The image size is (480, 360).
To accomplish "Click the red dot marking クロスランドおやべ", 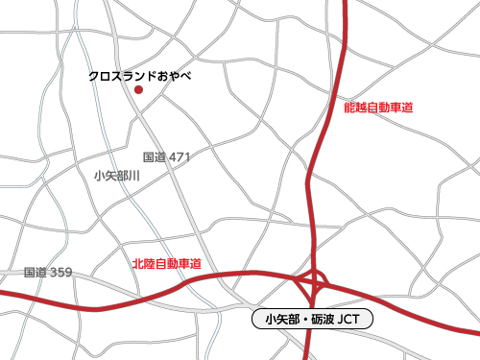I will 138,90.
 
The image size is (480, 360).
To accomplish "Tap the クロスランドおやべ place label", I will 140,74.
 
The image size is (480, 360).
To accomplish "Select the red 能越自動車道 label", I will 378,108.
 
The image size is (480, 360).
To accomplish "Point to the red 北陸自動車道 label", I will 167,262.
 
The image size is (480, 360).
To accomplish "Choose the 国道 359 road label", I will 48,273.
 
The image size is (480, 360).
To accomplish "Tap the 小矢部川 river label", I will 117,176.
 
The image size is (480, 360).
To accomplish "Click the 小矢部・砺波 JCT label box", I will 311,318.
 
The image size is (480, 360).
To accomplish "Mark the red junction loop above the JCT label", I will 314,283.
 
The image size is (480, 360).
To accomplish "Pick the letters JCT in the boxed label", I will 351,318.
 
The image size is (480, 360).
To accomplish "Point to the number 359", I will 60,273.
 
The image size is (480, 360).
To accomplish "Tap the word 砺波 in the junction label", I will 322,318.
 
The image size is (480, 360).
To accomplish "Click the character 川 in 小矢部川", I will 135,176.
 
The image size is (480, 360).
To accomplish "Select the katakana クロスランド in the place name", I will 122,74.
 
